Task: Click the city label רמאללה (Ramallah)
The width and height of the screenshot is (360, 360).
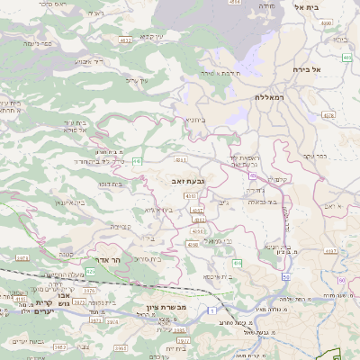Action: [x=269, y=96]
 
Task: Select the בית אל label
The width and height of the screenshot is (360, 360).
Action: [x=307, y=7]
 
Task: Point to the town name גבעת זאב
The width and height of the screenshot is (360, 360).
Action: [x=187, y=182]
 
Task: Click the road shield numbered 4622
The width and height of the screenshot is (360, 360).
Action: [x=125, y=40]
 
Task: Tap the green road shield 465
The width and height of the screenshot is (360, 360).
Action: [x=347, y=57]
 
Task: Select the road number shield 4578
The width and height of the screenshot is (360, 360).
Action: [x=328, y=115]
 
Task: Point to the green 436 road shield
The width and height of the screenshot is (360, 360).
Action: [x=237, y=262]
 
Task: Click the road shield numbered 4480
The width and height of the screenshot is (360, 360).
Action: [x=235, y=3]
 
